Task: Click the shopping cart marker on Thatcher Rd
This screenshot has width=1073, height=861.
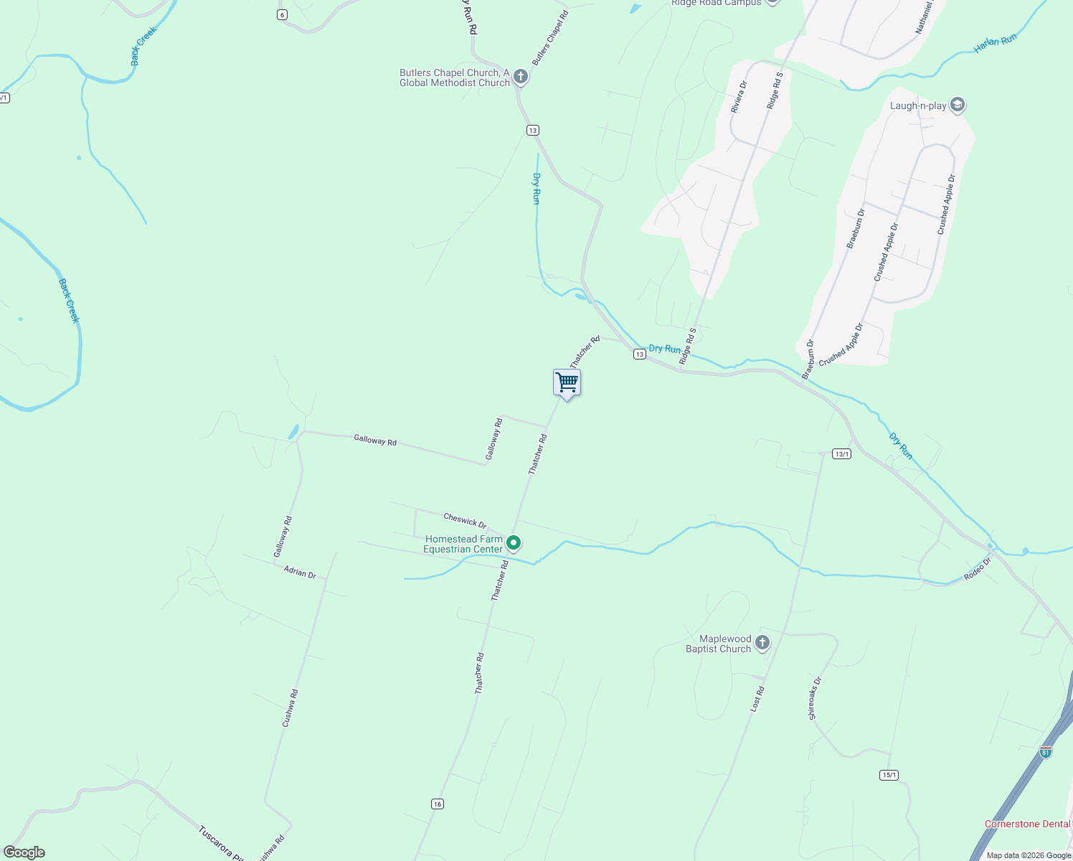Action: pyautogui.click(x=567, y=382)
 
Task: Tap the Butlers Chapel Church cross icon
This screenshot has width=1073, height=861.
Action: pyautogui.click(x=521, y=76)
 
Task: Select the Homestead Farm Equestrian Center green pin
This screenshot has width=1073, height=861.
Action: pyautogui.click(x=513, y=543)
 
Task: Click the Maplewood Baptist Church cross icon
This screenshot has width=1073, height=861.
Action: pyautogui.click(x=762, y=642)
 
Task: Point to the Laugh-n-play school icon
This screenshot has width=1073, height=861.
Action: pyautogui.click(x=957, y=105)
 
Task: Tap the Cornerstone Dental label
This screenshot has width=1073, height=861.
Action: pyautogui.click(x=1027, y=824)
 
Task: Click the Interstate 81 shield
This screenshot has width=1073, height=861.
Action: pyautogui.click(x=1046, y=751)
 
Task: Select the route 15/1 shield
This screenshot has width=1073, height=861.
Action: pyautogui.click(x=889, y=775)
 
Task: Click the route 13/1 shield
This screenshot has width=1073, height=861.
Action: pyautogui.click(x=841, y=453)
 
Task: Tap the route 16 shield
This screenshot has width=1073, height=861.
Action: pyautogui.click(x=438, y=804)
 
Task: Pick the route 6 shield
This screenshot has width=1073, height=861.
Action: pyautogui.click(x=283, y=14)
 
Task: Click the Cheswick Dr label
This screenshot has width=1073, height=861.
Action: pyautogui.click(x=465, y=519)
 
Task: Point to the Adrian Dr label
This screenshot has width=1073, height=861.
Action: pyautogui.click(x=300, y=573)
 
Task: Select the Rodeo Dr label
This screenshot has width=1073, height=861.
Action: pyautogui.click(x=977, y=568)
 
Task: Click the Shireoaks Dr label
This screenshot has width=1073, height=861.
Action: pyautogui.click(x=815, y=698)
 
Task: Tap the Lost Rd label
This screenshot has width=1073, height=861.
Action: pyautogui.click(x=757, y=699)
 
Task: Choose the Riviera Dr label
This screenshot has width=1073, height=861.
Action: pyautogui.click(x=739, y=96)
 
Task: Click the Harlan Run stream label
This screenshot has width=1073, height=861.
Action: pyautogui.click(x=996, y=44)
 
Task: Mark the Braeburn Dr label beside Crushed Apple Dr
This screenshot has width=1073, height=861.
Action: pyautogui.click(x=856, y=229)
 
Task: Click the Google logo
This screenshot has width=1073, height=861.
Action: pyautogui.click(x=24, y=852)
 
